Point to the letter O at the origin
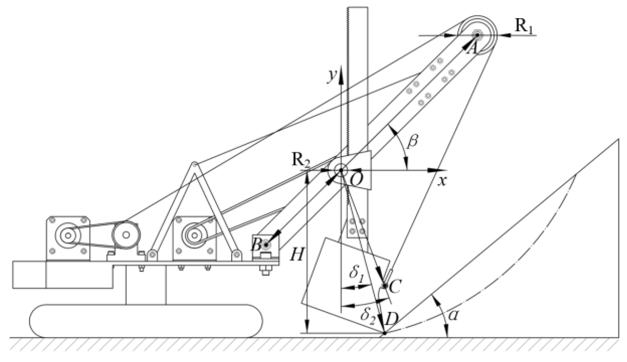356,181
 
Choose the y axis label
331,76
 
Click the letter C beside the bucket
395,287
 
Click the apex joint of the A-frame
194,164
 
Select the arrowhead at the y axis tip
341,71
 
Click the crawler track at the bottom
146,320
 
